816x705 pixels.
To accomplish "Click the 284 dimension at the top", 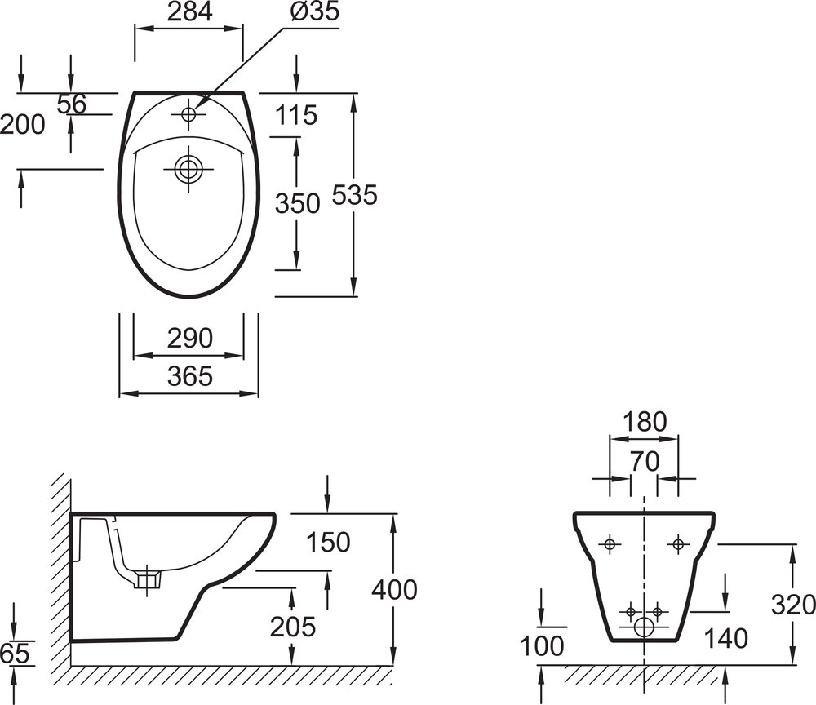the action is point(190,11).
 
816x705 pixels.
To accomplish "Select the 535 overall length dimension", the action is point(354,195).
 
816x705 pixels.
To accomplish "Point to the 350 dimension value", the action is point(297,203).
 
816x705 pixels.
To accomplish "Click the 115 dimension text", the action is point(296,115).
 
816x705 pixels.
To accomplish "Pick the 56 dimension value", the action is point(71,104).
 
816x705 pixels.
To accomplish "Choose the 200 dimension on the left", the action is point(23,125).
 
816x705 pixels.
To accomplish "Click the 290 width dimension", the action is point(190,338).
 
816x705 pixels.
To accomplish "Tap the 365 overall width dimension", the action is point(190,376).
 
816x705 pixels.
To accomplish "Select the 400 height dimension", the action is point(394,590).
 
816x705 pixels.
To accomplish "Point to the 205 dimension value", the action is point(292,627).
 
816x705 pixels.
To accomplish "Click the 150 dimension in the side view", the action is point(328,542).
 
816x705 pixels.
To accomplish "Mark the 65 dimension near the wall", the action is point(15,654).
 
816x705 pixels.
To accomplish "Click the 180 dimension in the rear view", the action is point(645,422).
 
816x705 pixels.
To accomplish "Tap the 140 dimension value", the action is point(726,638).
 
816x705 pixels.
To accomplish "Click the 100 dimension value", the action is point(543,646).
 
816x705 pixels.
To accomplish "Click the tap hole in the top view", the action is point(188,114).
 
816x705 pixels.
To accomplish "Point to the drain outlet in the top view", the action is point(188,169).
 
